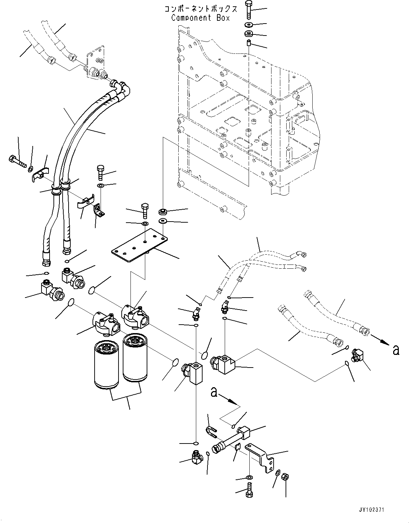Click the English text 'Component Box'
pos(200,18)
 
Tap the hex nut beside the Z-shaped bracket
pos(286,477)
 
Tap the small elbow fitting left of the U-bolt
pos(197,458)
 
